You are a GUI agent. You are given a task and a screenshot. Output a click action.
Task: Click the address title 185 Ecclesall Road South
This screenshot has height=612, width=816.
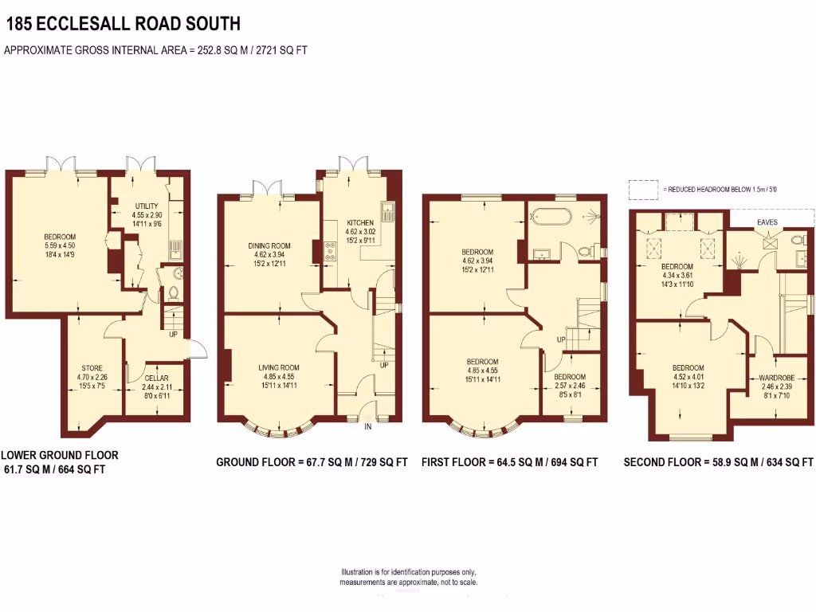tap(122, 25)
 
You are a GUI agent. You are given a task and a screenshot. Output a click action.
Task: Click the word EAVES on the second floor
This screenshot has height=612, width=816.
tap(768, 222)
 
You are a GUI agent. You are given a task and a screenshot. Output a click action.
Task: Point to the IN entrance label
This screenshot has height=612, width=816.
tap(368, 427)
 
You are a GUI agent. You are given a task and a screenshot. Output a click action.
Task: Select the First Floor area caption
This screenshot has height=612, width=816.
tap(509, 462)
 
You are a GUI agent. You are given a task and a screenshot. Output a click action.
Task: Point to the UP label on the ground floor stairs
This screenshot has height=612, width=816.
tap(384, 365)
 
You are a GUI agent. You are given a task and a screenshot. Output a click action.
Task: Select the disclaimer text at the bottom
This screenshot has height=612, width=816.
tap(409, 578)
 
